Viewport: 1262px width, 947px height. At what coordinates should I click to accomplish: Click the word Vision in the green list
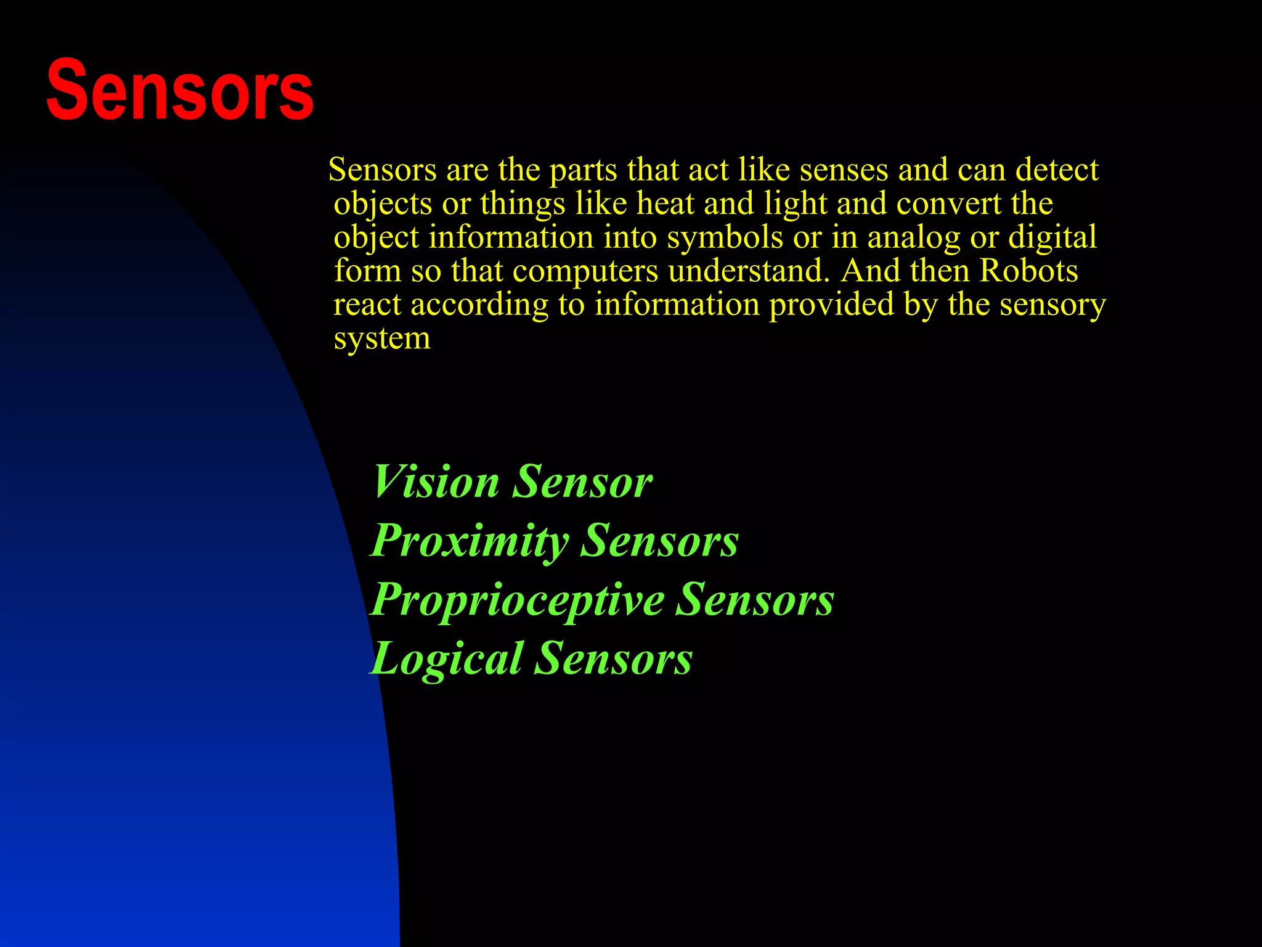click(436, 482)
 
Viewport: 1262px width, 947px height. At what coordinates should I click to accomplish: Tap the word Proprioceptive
click(517, 600)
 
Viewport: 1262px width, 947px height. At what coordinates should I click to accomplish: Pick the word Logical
click(447, 658)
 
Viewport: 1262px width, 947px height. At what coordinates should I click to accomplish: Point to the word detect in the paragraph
click(1057, 170)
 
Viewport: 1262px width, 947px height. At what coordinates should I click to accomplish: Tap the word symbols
click(725, 237)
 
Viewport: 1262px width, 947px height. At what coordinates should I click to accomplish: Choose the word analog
click(914, 237)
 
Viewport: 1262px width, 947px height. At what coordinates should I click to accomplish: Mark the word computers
click(585, 271)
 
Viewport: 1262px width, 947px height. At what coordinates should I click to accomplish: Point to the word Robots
click(1029, 271)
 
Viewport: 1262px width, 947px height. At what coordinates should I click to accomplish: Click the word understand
click(749, 271)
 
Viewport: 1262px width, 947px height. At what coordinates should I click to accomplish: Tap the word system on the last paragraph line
click(382, 338)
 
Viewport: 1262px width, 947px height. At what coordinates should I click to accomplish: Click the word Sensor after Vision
click(582, 482)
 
